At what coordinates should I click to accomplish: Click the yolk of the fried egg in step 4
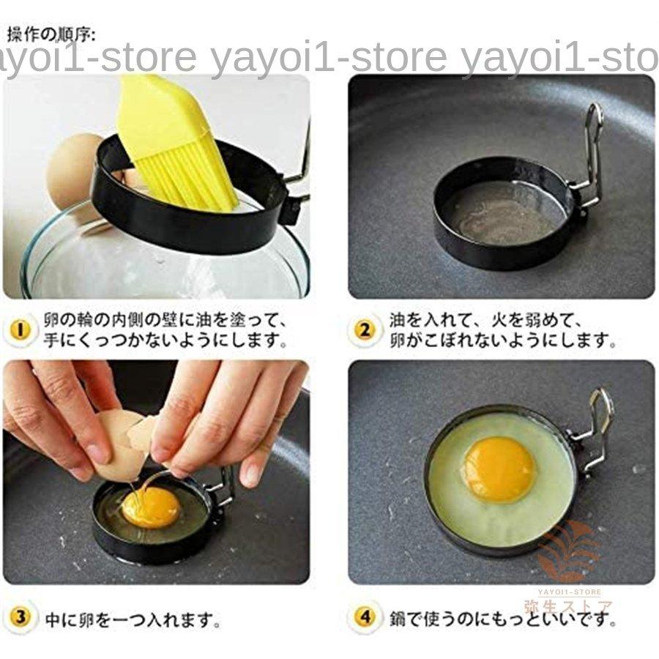point(499,469)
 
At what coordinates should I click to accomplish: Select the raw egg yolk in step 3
point(150,507)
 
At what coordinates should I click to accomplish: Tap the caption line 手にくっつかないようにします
point(165,340)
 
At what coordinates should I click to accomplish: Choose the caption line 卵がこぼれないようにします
point(502,340)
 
